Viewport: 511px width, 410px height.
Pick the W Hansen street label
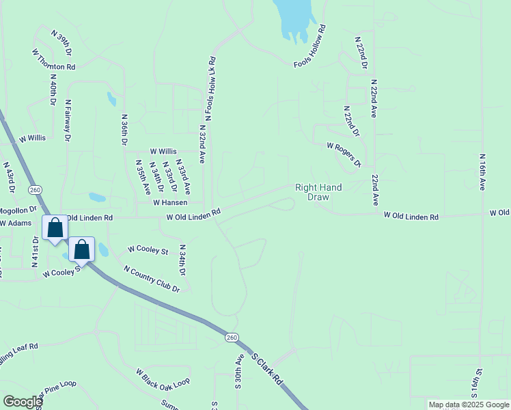click(x=169, y=203)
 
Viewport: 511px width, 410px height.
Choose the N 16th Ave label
click(x=482, y=172)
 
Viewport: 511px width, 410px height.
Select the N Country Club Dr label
click(x=152, y=279)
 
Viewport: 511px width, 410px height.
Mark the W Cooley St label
click(x=148, y=251)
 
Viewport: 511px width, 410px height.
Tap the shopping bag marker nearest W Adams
click(x=55, y=228)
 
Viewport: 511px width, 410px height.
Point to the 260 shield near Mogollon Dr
click(x=36, y=189)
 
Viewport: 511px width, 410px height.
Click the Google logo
click(x=23, y=402)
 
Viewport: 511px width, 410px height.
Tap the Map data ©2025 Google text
click(x=468, y=405)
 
